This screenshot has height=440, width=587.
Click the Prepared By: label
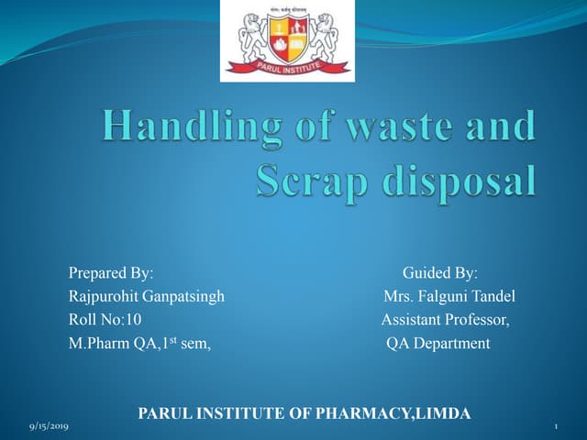click(111, 273)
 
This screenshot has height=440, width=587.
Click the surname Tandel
click(493, 296)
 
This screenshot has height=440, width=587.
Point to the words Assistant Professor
click(446, 320)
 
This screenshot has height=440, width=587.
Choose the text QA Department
click(438, 344)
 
